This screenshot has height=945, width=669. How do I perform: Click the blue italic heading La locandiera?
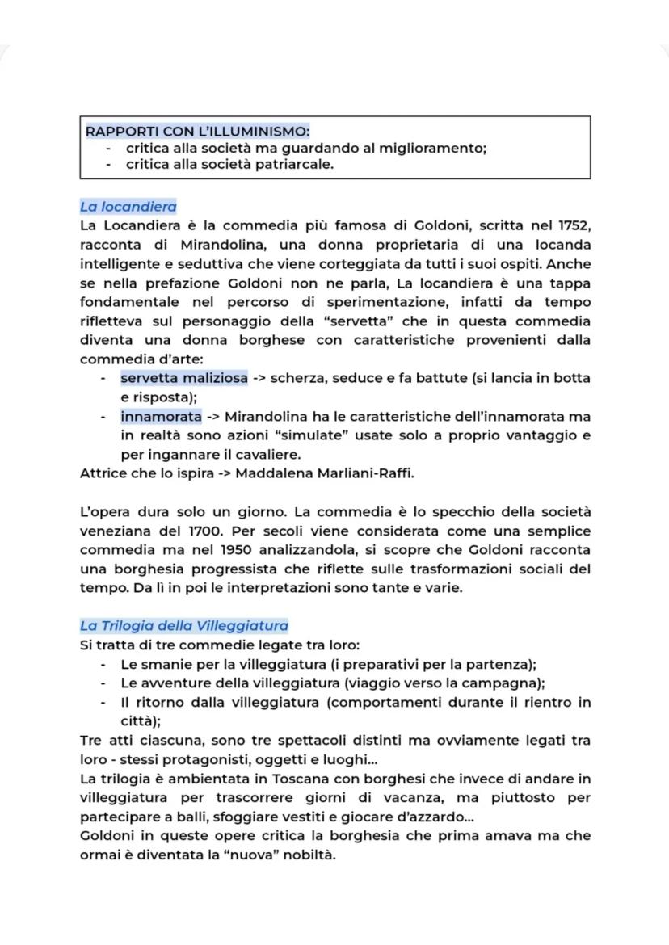point(128,207)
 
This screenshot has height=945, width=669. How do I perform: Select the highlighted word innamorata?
point(161,417)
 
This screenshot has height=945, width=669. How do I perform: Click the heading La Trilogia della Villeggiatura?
point(183,625)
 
